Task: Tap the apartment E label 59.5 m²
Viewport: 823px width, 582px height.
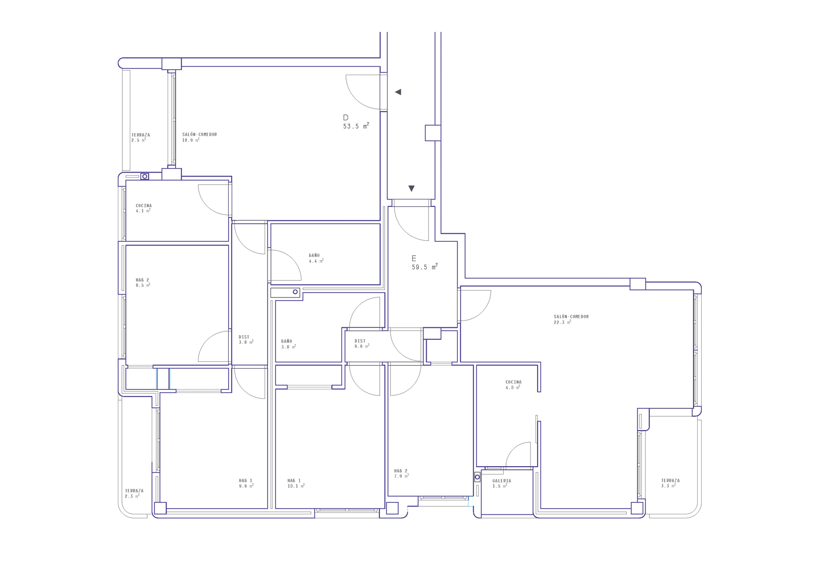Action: pyautogui.click(x=425, y=263)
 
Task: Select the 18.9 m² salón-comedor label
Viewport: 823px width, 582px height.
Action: pyautogui.click(x=199, y=137)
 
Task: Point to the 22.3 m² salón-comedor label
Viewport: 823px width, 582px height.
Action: pyautogui.click(x=571, y=319)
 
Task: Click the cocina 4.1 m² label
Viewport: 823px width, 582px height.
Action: pyautogui.click(x=144, y=208)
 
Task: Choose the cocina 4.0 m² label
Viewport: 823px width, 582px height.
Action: pyautogui.click(x=513, y=385)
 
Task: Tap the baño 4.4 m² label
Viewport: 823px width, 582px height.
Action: pyautogui.click(x=316, y=258)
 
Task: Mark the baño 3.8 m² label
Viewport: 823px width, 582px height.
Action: pyautogui.click(x=288, y=344)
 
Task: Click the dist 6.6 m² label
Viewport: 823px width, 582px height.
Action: pyautogui.click(x=362, y=344)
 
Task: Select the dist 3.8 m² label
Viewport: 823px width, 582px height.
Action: pyautogui.click(x=246, y=339)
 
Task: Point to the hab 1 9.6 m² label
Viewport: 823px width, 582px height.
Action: pyautogui.click(x=246, y=483)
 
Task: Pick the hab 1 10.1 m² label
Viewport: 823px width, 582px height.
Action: pyautogui.click(x=296, y=483)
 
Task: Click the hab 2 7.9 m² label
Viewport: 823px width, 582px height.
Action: pyautogui.click(x=401, y=473)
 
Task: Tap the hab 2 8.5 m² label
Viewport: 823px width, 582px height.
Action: pyautogui.click(x=143, y=283)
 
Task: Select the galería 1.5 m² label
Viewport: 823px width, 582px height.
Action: pyautogui.click(x=502, y=483)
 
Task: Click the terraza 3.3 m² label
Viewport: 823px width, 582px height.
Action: pyautogui.click(x=670, y=483)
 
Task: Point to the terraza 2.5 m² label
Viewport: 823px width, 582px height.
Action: pyautogui.click(x=141, y=137)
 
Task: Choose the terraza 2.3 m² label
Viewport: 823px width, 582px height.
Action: pyautogui.click(x=134, y=493)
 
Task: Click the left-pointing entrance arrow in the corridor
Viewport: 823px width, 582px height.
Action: pyautogui.click(x=398, y=92)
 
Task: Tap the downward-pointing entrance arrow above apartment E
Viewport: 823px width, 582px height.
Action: pyautogui.click(x=412, y=189)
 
